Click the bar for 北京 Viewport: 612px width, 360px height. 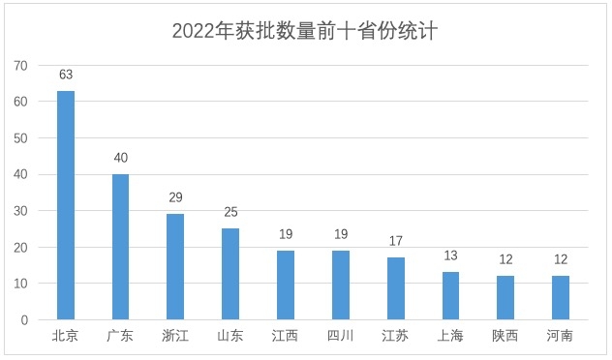click(66, 205)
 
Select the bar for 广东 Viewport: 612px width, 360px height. click(120, 247)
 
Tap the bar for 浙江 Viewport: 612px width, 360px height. click(175, 267)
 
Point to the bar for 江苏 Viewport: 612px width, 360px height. click(395, 288)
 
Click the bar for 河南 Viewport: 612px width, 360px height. click(560, 298)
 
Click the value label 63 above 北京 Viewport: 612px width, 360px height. click(66, 74)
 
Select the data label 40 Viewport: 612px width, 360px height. click(120, 158)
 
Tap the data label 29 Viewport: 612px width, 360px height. click(175, 197)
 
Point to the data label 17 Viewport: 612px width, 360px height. click(395, 241)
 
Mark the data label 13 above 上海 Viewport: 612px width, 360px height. click(450, 255)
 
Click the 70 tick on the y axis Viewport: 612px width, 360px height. click(20, 66)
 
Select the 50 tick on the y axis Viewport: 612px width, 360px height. click(20, 138)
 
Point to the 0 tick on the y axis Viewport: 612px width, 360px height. click(24, 320)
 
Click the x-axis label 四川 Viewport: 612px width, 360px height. click(340, 337)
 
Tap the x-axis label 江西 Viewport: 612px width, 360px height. click(286, 337)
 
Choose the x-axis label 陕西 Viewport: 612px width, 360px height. click(505, 337)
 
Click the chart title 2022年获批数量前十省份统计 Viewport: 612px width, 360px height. click(305, 31)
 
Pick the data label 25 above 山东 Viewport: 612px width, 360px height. click(230, 212)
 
